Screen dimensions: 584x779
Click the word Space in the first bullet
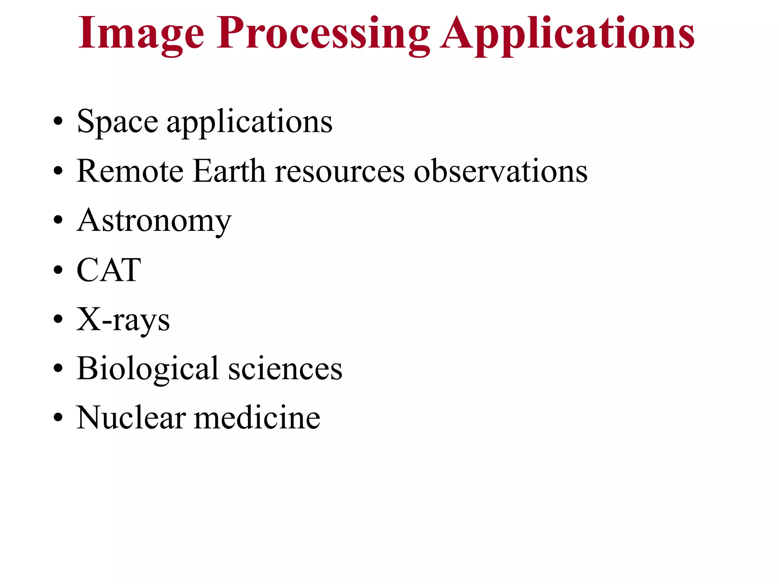coord(117,122)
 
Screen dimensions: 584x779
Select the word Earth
coord(229,171)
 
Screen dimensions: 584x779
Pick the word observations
coord(501,171)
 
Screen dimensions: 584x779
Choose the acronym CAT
coord(109,270)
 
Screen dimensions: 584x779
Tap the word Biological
coord(148,369)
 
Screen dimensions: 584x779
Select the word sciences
coord(285,369)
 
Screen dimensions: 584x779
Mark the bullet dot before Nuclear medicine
coord(58,417)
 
